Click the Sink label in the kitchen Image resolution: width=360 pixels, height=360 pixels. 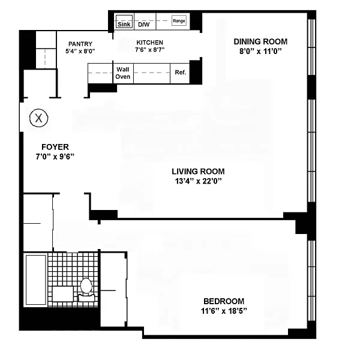[124, 24]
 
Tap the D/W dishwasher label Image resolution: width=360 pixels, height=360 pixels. [144, 25]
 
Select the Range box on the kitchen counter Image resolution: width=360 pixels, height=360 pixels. [179, 21]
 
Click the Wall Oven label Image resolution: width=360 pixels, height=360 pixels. [123, 73]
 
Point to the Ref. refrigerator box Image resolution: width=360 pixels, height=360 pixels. [180, 73]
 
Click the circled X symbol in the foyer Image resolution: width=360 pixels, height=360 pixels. [39, 118]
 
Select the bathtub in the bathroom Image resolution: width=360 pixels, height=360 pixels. [36, 280]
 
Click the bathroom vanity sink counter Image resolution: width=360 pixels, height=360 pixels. [63, 294]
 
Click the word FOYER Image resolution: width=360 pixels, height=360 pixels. [55, 147]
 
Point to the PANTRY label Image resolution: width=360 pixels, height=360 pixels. [80, 44]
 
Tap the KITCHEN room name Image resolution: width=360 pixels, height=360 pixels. [149, 43]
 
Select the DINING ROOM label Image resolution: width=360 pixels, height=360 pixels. [260, 41]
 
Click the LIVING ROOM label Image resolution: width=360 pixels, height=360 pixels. [198, 172]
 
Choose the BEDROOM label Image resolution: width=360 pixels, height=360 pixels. [224, 301]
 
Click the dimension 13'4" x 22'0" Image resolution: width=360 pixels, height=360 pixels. [198, 181]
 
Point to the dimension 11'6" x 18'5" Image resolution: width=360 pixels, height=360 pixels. [224, 311]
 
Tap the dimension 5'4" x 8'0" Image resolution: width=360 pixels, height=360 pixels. [80, 51]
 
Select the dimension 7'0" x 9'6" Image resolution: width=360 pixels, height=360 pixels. [55, 157]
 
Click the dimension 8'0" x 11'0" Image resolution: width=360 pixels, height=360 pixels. [260, 51]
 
